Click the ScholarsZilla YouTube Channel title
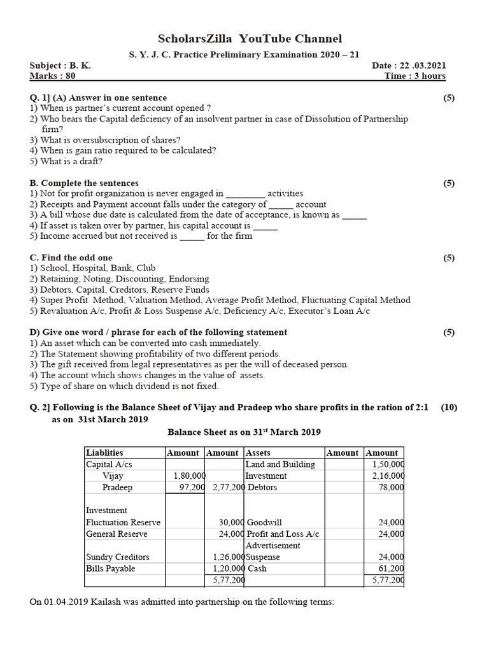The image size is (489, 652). [x=250, y=39]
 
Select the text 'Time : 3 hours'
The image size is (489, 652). [x=415, y=76]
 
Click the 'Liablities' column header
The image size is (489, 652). [x=104, y=453]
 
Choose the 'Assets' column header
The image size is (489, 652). [x=259, y=453]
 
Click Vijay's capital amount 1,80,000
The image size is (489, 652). [x=189, y=476]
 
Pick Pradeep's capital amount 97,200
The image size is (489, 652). [x=192, y=487]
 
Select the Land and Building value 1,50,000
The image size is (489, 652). [x=388, y=464]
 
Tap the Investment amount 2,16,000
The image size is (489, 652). [x=388, y=476]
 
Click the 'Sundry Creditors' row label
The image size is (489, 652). [x=118, y=556]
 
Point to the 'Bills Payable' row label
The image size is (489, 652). [x=110, y=568]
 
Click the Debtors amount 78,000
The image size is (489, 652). [x=391, y=487]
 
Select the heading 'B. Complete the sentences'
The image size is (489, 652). [x=84, y=183]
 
